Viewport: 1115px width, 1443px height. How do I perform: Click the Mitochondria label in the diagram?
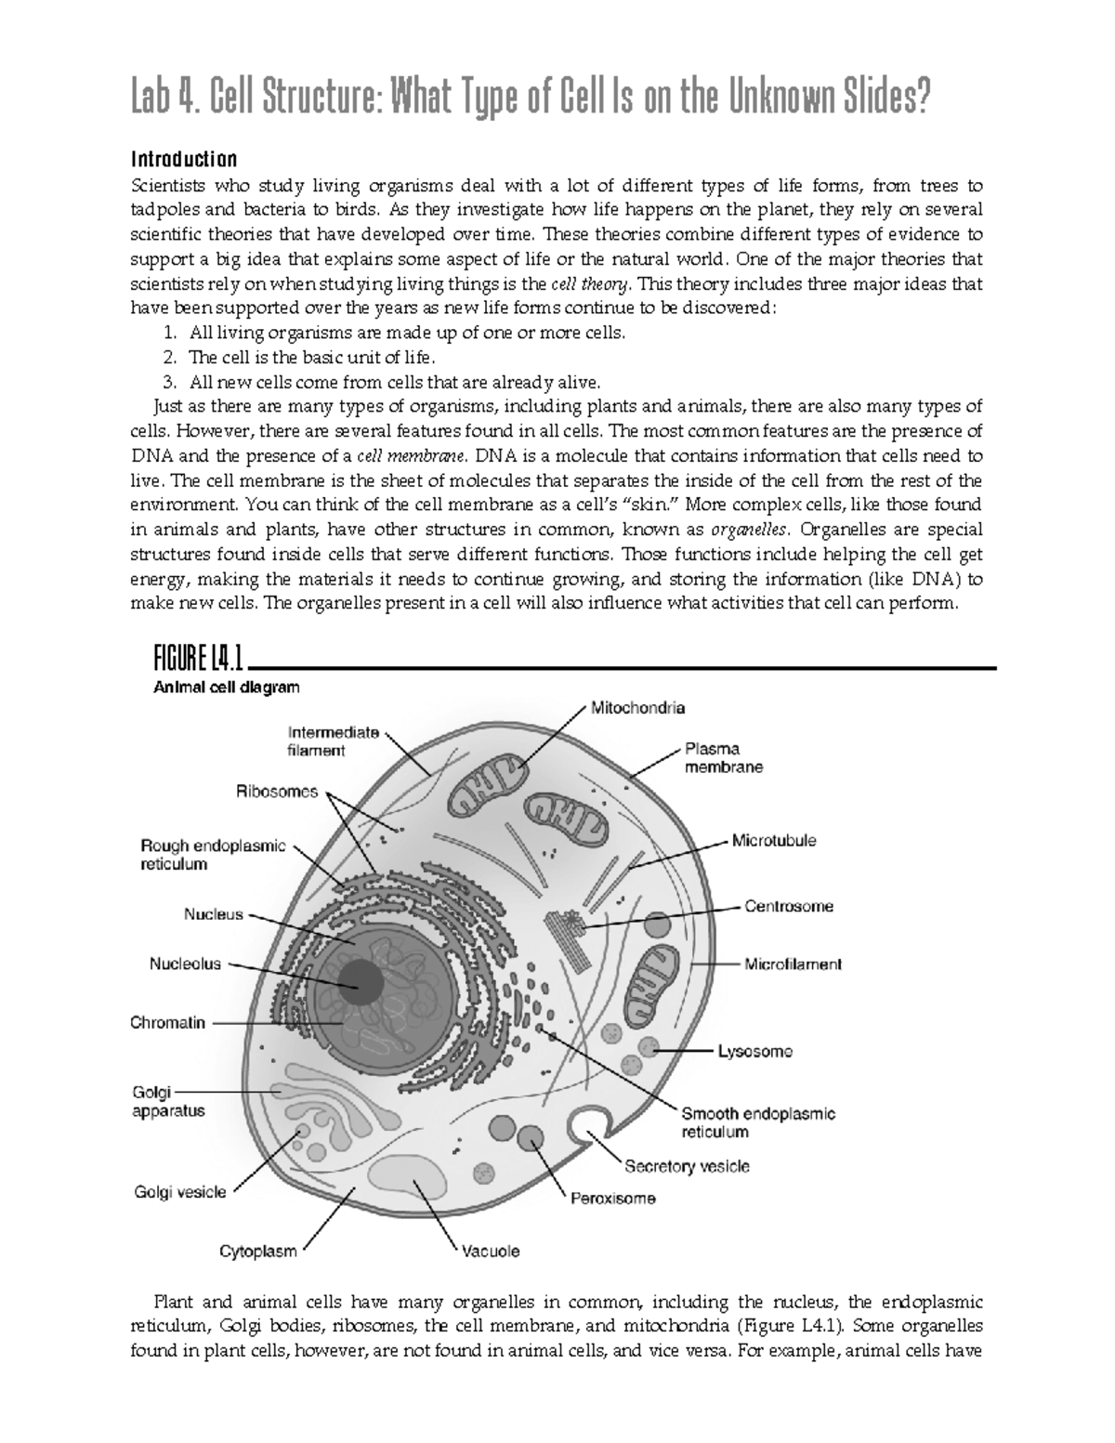(x=638, y=708)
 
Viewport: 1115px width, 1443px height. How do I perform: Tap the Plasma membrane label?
(x=723, y=757)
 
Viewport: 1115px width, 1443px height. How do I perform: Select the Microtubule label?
(x=774, y=841)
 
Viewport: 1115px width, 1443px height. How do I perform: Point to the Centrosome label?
(x=789, y=906)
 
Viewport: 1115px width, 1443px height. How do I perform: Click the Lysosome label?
(x=754, y=1052)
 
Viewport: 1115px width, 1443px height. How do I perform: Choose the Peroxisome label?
(x=612, y=1199)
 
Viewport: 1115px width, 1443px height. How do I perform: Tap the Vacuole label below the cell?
(x=491, y=1251)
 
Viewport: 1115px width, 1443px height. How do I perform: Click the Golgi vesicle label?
(x=179, y=1192)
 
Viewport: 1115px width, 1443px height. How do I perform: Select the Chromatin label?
(x=167, y=1023)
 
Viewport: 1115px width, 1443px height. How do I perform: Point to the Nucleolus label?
(x=186, y=964)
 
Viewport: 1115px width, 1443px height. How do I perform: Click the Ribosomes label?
(x=276, y=793)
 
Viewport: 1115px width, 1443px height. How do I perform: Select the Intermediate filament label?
(x=334, y=741)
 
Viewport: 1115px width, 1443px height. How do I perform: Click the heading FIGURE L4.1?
(x=198, y=662)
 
